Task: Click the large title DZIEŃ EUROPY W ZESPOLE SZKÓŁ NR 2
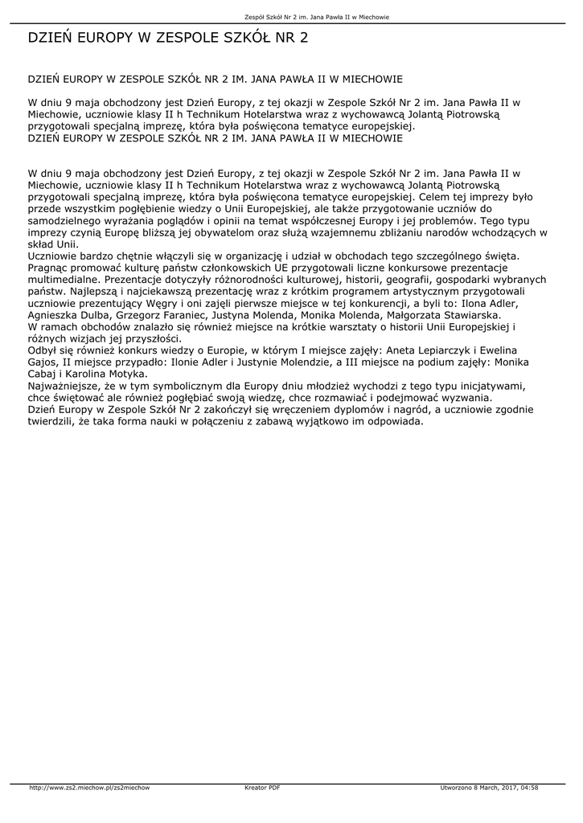point(168,38)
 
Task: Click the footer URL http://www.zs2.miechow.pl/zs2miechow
point(89,788)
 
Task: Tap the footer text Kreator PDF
point(262,788)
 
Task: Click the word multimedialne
point(64,280)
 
